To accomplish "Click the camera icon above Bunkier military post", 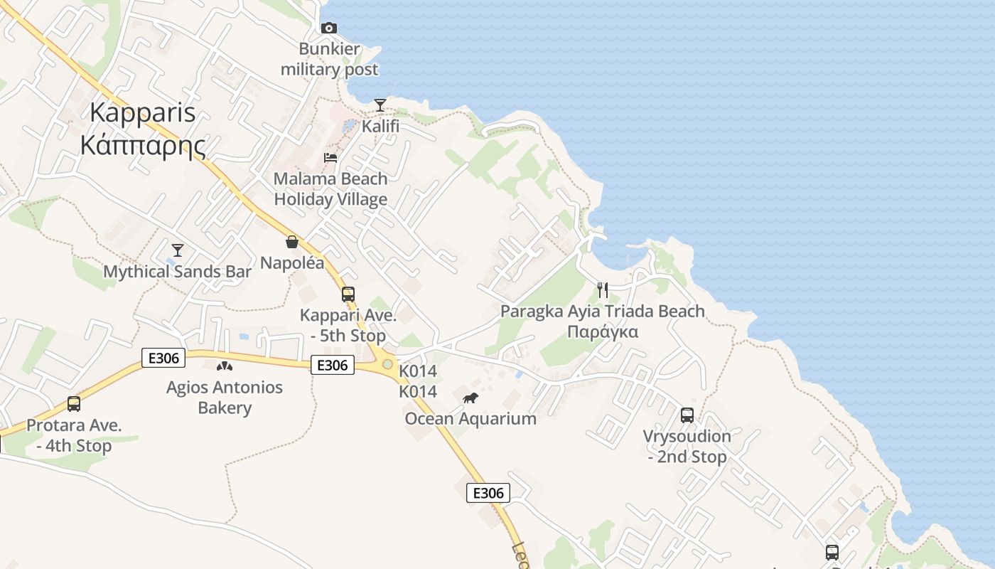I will [328, 28].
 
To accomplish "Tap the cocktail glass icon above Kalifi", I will [380, 106].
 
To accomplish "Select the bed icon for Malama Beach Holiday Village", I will [330, 158].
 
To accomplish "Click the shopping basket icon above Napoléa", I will [291, 242].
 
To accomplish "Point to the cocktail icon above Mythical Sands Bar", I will [178, 250].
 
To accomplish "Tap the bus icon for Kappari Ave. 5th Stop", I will [348, 294].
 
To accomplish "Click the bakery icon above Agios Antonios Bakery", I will [225, 366].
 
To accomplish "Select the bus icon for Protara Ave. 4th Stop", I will [73, 404].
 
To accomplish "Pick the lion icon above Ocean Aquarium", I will [470, 398].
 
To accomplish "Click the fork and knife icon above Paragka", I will [603, 289].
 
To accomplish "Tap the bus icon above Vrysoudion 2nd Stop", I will [687, 415].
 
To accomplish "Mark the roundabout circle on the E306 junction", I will [387, 364].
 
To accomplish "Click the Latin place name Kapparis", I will [143, 112].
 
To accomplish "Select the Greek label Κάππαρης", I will [143, 145].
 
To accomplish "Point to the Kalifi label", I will [380, 127].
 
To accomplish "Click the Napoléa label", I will [291, 263].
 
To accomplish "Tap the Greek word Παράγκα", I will [602, 332].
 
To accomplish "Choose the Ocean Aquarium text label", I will [470, 418].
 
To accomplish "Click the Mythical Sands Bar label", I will [178, 272].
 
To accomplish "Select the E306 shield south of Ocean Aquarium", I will [488, 493].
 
